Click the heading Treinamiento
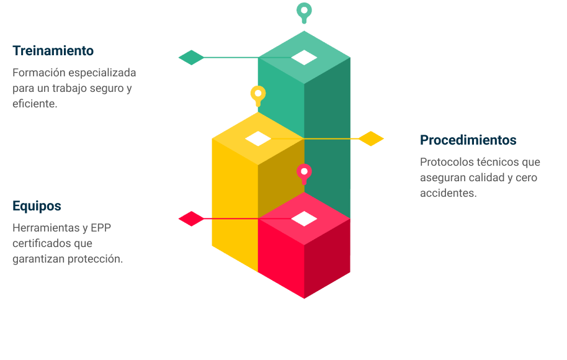point(53,51)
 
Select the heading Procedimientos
point(468,140)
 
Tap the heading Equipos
point(37,206)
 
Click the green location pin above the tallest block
point(304,11)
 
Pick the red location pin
point(304,172)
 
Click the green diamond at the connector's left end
point(191,58)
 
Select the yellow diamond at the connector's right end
point(371,138)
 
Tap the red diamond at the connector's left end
point(191,218)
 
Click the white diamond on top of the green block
point(304,58)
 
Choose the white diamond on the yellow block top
point(258,138)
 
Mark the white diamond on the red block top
point(304,218)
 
